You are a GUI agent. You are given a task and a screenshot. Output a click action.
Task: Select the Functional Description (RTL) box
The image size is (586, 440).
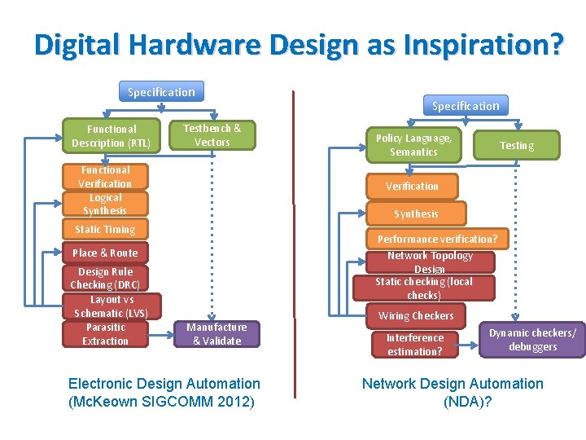(x=111, y=136)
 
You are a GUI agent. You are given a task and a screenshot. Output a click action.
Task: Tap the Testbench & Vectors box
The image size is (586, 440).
(x=212, y=135)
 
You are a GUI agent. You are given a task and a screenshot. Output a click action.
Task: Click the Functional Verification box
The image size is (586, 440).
(x=105, y=177)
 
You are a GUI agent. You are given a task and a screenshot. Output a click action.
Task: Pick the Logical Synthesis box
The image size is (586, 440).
(x=105, y=204)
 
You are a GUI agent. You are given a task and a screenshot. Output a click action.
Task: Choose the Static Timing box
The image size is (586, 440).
(x=105, y=230)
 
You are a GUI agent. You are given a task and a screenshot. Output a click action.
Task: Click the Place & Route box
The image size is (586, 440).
(x=105, y=253)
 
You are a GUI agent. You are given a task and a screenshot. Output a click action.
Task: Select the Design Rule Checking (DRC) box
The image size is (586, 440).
(x=105, y=278)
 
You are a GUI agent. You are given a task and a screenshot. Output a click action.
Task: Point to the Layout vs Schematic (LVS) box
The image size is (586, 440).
(x=112, y=306)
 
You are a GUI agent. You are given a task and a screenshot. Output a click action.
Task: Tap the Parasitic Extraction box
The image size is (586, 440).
(x=105, y=334)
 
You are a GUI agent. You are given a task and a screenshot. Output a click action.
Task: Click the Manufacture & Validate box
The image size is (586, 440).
(x=216, y=334)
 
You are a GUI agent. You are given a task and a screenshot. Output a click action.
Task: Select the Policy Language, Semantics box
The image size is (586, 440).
(x=413, y=145)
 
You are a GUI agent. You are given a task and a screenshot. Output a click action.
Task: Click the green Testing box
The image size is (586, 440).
(x=517, y=145)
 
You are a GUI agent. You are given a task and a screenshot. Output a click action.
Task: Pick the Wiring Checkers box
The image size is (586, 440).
(x=416, y=315)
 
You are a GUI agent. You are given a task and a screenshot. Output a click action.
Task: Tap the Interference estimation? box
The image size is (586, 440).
(x=414, y=345)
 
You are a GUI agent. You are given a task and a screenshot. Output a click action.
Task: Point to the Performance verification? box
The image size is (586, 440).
(x=436, y=240)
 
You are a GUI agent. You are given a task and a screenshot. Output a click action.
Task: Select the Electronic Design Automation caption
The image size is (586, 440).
(x=164, y=392)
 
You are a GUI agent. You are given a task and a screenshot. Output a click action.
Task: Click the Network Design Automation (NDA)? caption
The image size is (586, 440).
(x=453, y=392)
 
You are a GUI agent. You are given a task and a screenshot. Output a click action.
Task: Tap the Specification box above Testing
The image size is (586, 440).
(x=466, y=106)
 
